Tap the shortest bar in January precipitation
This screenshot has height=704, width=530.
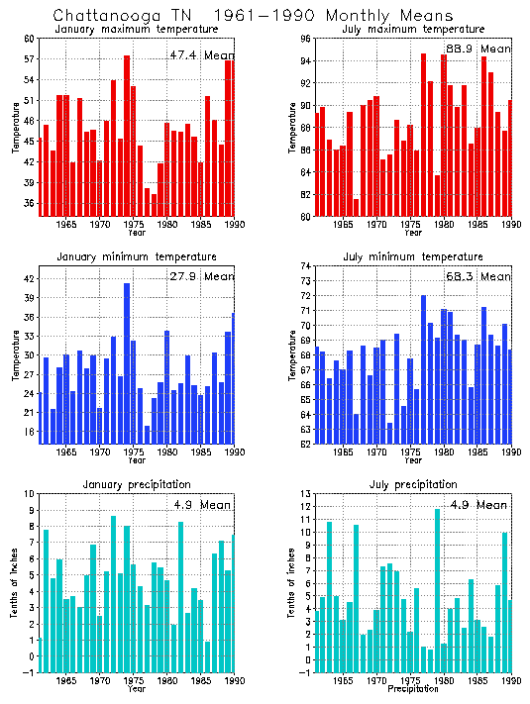[207, 657]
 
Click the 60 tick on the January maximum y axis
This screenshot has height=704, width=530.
[30, 39]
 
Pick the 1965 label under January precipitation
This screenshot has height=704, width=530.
[66, 681]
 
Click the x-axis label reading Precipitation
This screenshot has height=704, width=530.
[413, 689]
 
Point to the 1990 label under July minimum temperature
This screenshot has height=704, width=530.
[511, 453]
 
